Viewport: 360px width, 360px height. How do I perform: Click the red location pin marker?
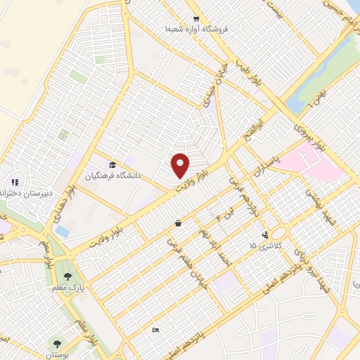181,165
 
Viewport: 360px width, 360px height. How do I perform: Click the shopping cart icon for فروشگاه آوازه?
196,20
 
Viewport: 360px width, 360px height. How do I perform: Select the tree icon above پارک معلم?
67,277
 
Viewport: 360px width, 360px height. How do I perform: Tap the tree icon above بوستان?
56,344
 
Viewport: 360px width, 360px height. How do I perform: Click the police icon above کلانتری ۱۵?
264,235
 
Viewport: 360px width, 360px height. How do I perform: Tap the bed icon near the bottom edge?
155,330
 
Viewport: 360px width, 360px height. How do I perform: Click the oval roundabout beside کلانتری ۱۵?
279,233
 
